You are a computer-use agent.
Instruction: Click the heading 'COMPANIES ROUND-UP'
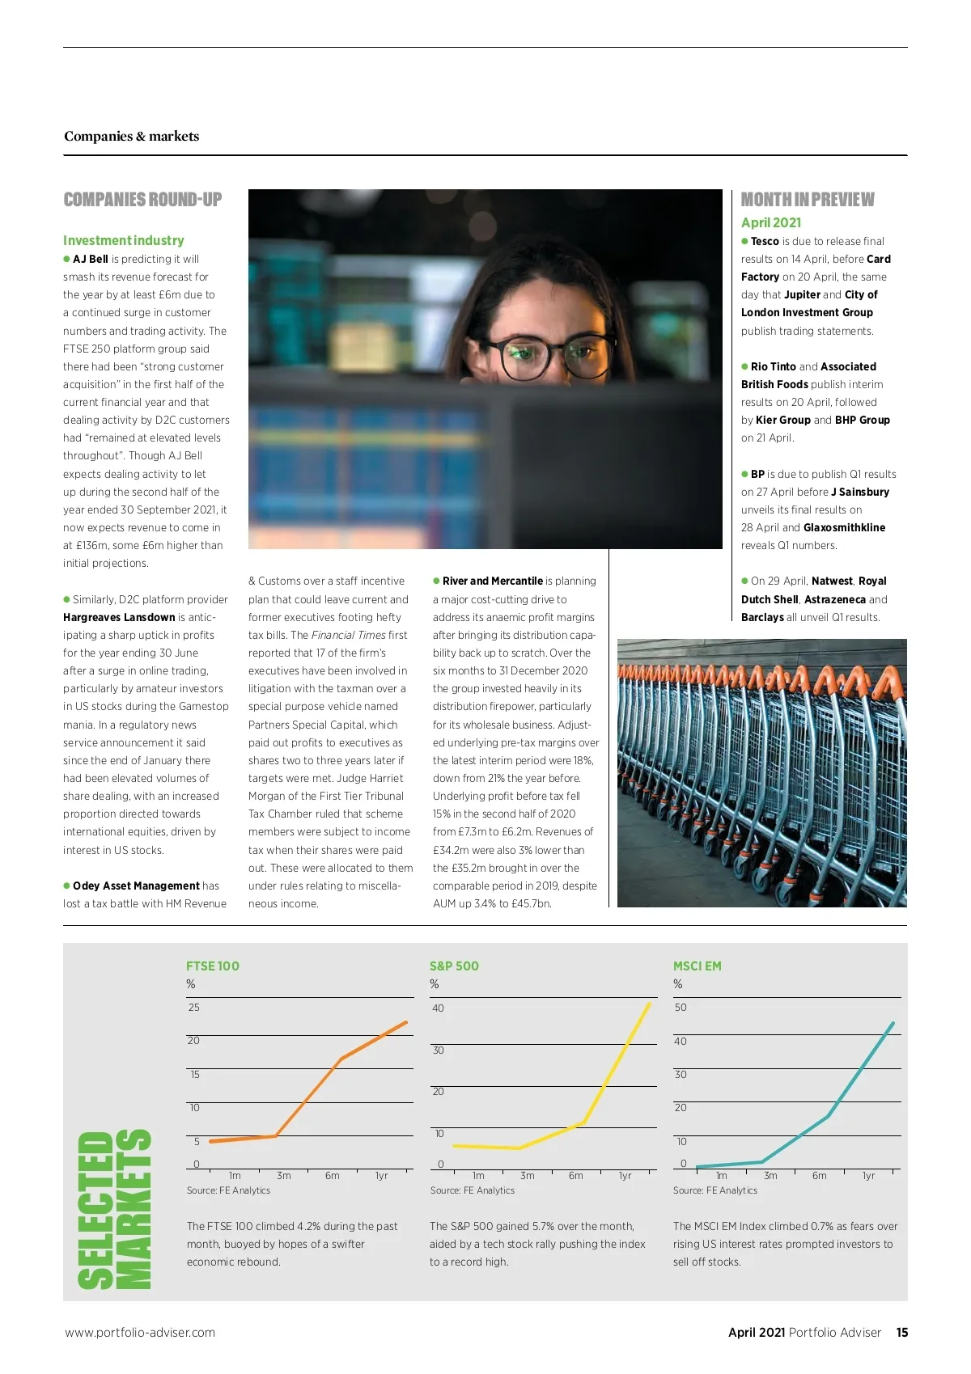point(142,200)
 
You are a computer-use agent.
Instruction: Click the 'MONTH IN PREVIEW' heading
point(808,200)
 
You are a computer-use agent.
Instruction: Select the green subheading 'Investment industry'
point(124,240)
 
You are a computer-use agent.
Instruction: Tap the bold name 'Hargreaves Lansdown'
point(119,617)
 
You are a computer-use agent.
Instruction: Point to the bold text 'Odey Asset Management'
point(136,886)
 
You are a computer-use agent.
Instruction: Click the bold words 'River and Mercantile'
point(493,581)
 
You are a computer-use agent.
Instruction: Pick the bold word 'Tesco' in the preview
point(765,241)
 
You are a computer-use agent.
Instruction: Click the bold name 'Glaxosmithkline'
point(844,527)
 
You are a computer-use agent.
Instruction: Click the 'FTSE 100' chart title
point(213,966)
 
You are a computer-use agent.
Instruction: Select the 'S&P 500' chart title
point(454,966)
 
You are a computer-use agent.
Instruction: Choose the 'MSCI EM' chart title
point(698,966)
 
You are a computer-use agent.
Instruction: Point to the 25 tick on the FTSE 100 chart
point(194,1007)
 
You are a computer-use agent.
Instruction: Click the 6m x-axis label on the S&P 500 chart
point(576,1175)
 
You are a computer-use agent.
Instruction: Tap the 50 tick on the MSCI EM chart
point(681,1007)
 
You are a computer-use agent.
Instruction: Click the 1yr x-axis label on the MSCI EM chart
point(868,1175)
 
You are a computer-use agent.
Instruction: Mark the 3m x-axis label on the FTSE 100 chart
point(283,1175)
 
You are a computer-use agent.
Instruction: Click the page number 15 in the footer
point(902,1332)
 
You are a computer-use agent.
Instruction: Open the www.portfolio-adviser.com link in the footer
point(140,1332)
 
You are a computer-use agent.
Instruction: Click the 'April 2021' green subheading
point(771,222)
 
